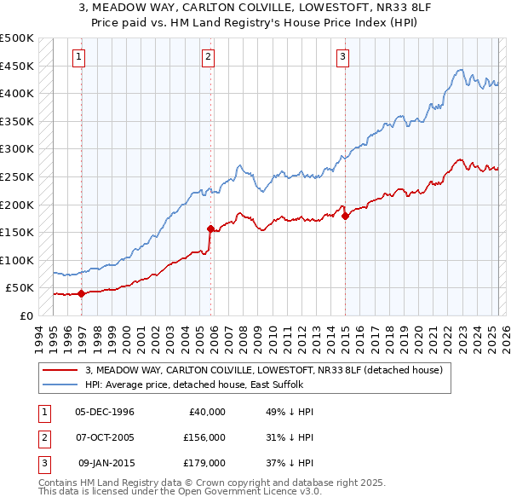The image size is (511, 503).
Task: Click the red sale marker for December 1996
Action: (82, 293)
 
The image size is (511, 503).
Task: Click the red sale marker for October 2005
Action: (210, 228)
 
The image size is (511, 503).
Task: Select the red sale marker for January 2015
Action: (345, 216)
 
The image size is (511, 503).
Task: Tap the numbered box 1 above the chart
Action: (78, 57)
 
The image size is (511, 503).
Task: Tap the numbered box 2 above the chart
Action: (208, 57)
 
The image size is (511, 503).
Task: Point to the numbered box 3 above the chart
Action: (342, 57)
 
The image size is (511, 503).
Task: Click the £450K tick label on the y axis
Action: (17, 66)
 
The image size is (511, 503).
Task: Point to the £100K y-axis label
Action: (17, 260)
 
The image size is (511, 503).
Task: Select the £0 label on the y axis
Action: (26, 315)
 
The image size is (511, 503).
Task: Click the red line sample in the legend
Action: (60, 371)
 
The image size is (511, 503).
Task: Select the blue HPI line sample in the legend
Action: (60, 385)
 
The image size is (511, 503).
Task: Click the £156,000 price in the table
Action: (205, 437)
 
